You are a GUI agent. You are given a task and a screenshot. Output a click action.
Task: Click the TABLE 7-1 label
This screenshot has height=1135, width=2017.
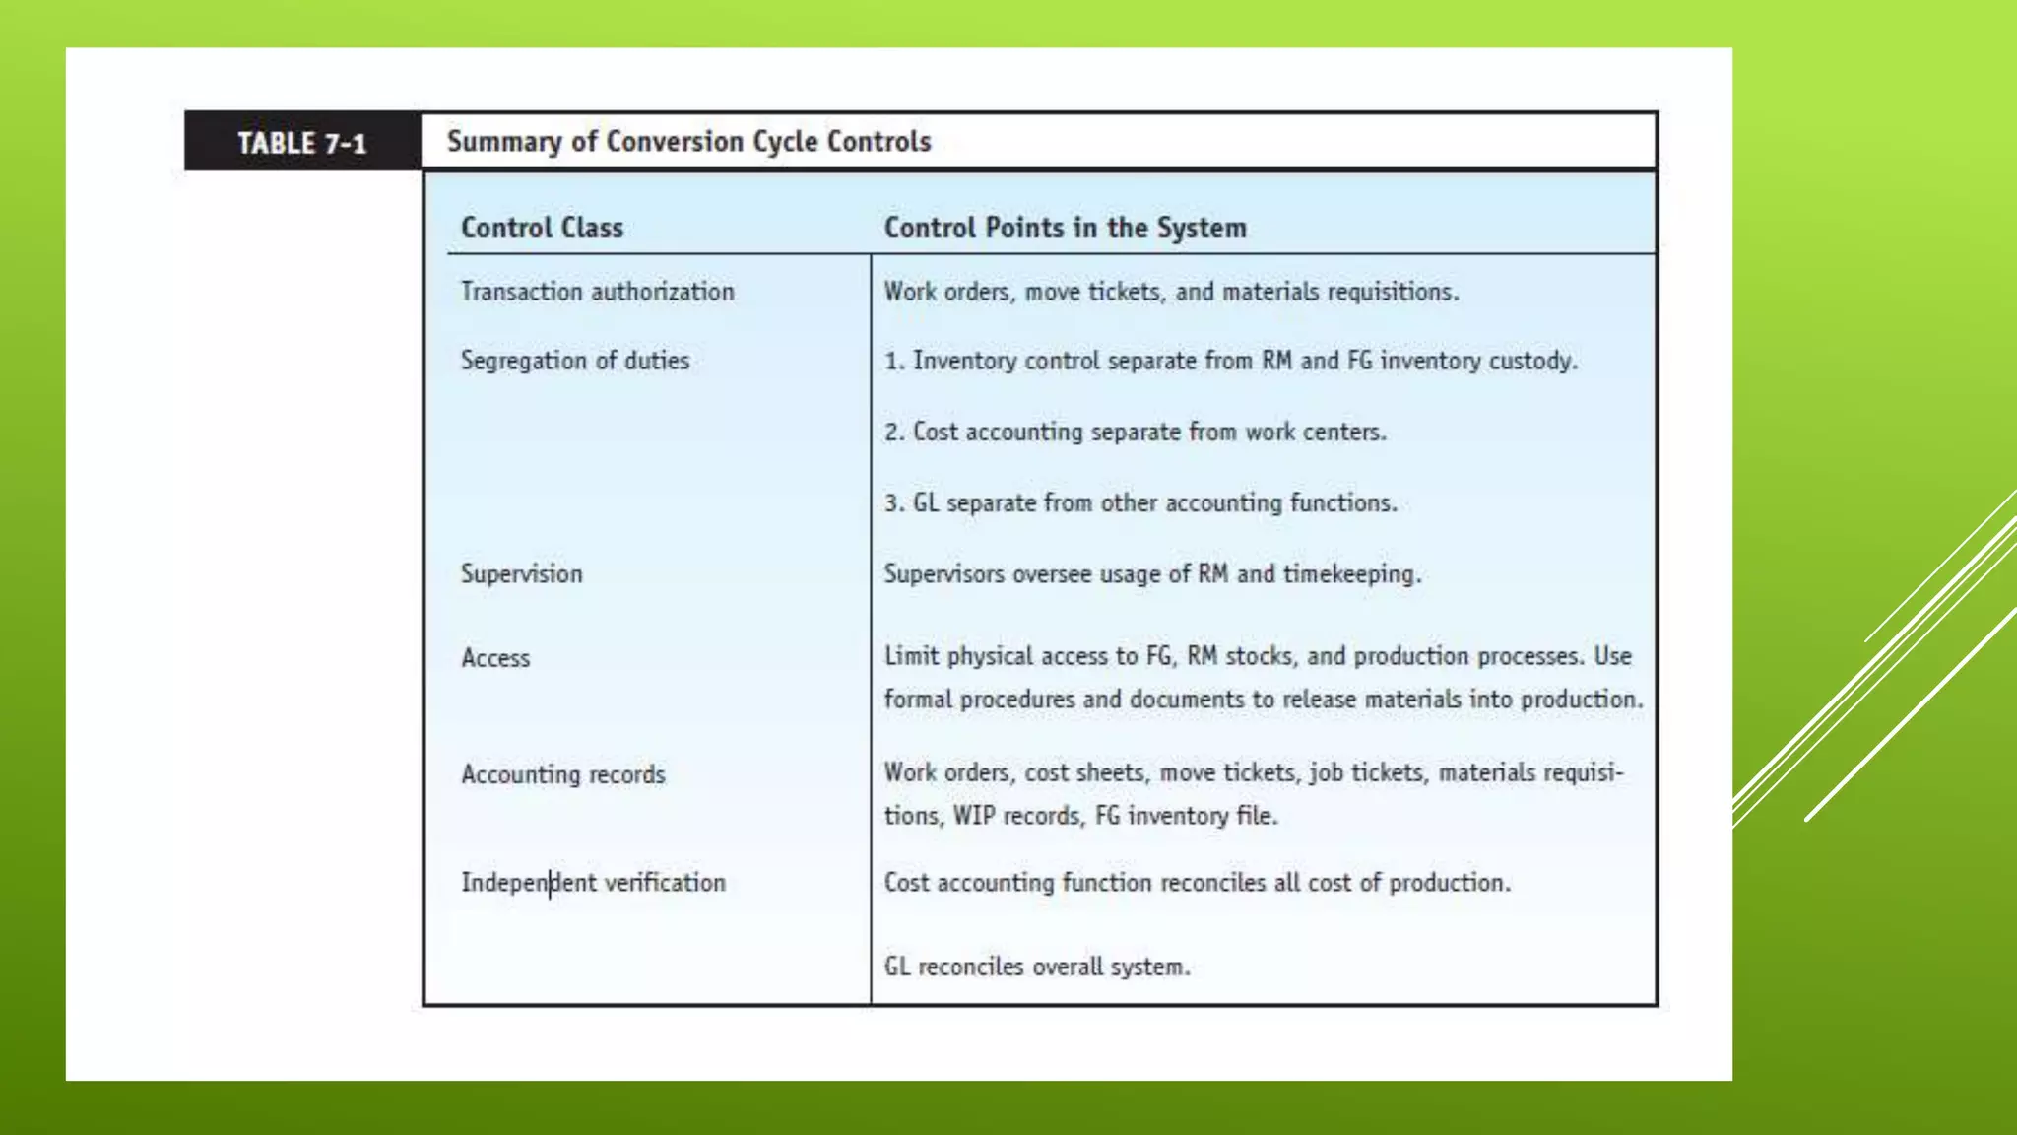(301, 144)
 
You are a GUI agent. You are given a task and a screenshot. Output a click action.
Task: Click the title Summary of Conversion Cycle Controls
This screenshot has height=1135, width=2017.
(688, 142)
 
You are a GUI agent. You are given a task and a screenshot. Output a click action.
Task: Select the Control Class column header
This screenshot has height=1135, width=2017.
(542, 228)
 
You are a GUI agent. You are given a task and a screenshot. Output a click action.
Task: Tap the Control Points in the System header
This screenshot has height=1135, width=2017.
(1065, 228)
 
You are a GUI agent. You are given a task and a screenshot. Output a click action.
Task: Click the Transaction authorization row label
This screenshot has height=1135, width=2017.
(597, 292)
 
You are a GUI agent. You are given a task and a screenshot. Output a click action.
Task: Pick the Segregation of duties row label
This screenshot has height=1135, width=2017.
(574, 361)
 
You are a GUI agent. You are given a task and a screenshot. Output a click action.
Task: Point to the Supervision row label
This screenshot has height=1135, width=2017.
(521, 574)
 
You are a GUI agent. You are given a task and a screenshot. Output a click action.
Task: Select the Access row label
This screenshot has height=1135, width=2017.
(495, 658)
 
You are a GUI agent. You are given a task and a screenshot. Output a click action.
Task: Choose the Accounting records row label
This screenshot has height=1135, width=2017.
(562, 774)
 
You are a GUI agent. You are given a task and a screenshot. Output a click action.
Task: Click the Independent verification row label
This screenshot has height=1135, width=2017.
(593, 883)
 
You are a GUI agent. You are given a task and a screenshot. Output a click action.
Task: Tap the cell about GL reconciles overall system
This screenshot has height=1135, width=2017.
(1036, 967)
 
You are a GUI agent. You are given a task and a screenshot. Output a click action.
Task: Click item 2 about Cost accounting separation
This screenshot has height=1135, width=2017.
(1135, 432)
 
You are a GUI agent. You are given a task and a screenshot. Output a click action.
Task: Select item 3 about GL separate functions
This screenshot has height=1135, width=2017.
(1139, 502)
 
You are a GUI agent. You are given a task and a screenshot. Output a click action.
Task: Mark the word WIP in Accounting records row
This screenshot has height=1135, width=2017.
(973, 816)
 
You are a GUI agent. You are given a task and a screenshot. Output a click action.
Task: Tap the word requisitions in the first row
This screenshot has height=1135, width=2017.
(1392, 292)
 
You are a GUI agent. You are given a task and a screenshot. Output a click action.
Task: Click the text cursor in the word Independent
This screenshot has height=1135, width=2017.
(551, 883)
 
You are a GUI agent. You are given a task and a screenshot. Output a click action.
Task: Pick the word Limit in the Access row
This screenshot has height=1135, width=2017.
(910, 656)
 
